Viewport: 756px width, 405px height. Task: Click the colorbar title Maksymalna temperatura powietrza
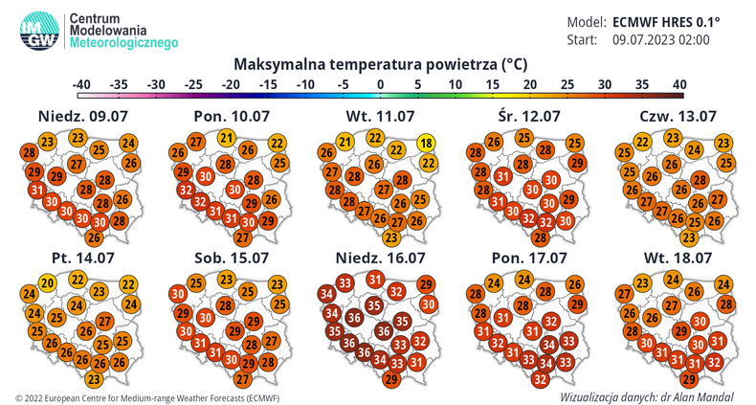coord(380,65)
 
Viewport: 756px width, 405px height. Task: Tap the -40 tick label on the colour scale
coord(83,84)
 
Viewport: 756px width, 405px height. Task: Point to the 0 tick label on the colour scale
coord(380,84)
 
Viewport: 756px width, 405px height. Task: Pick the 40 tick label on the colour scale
coord(678,84)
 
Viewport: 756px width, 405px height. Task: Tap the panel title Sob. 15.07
coord(225,259)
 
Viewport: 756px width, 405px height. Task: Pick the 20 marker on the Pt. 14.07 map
coord(46,282)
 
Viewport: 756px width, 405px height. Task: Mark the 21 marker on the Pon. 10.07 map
coord(226,138)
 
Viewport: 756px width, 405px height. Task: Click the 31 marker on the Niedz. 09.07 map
coord(38,191)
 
